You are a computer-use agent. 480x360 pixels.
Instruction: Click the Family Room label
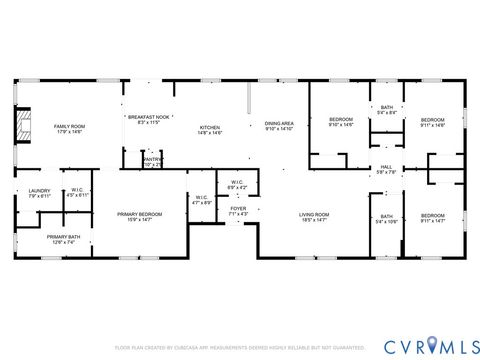click(x=69, y=129)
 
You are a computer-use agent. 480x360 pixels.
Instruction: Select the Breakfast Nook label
click(x=147, y=120)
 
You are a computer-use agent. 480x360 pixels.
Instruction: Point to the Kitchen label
click(x=210, y=129)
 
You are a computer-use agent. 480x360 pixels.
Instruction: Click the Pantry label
click(x=152, y=160)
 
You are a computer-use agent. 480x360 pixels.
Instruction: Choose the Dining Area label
click(x=279, y=126)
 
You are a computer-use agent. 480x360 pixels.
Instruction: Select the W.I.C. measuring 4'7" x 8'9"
click(x=201, y=199)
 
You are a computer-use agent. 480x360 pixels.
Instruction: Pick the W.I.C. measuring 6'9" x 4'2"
click(x=236, y=185)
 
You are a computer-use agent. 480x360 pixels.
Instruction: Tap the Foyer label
click(x=237, y=211)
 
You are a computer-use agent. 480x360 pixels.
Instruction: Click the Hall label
click(x=386, y=170)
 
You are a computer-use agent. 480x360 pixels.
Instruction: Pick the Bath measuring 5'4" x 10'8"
click(x=386, y=219)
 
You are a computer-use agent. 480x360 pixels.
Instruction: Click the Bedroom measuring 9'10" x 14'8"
click(x=341, y=123)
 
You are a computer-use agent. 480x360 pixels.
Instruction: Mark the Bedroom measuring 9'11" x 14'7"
click(x=431, y=218)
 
